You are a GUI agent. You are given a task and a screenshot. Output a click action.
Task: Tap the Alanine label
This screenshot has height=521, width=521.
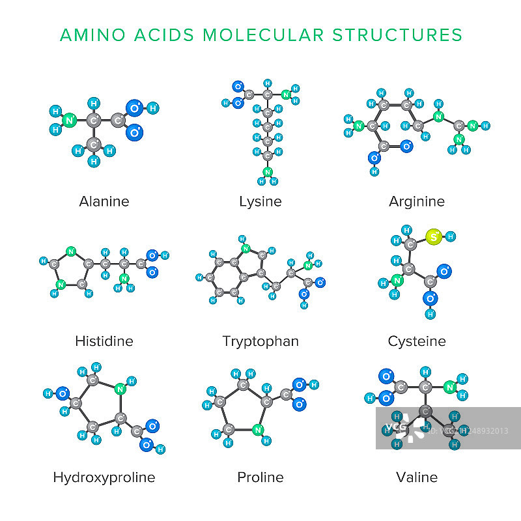click(104, 201)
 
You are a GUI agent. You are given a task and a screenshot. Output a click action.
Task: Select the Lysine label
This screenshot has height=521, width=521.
click(260, 201)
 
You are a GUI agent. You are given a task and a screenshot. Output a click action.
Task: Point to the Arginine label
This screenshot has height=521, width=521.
click(417, 201)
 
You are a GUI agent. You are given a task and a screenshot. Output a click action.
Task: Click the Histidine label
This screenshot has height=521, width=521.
click(104, 341)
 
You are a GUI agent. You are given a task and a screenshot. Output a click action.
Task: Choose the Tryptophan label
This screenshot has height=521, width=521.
click(260, 341)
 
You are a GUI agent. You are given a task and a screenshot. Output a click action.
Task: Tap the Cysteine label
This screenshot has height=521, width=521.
click(417, 341)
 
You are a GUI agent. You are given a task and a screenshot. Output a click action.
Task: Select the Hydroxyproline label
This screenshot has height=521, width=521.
click(104, 477)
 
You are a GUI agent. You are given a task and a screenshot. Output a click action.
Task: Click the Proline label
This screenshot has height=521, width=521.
click(260, 477)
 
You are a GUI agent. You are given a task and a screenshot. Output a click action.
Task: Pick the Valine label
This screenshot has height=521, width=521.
click(417, 477)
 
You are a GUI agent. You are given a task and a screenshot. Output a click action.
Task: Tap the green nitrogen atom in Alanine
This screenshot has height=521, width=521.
click(69, 120)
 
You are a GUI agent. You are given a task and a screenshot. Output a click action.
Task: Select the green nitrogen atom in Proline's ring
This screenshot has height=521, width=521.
click(258, 429)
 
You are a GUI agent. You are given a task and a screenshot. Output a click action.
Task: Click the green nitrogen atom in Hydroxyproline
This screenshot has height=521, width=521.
click(120, 389)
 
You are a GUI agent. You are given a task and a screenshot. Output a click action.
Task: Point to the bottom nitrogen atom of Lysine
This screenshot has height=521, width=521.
click(267, 172)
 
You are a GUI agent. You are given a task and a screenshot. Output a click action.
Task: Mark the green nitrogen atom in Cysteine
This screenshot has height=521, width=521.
click(397, 282)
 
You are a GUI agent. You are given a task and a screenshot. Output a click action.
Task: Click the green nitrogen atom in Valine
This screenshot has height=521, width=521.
click(449, 387)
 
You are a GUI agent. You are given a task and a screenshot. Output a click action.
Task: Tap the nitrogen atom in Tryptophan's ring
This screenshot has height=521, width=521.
click(246, 249)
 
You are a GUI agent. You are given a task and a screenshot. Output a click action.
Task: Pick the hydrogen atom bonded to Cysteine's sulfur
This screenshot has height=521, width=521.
click(450, 236)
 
